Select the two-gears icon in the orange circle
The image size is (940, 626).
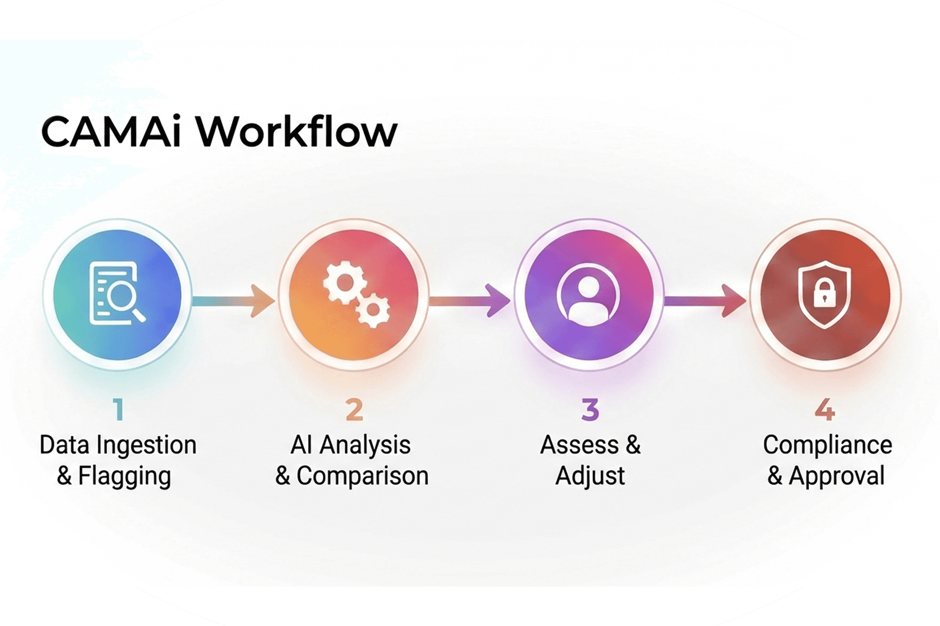coord(356,294)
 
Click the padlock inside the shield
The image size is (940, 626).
coord(824,294)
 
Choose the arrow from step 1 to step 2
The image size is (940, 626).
coord(233,300)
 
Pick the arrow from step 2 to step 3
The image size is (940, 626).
coord(469,300)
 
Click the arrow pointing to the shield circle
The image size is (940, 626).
coord(705,300)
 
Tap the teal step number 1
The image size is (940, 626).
coord(119,410)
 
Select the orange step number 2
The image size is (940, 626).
coord(355,410)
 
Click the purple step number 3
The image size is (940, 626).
coord(590,410)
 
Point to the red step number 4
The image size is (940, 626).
coord(825,410)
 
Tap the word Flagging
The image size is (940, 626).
coord(125,477)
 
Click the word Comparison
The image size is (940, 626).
coord(363,476)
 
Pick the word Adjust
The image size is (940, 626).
coord(590,477)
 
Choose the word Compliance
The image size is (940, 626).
coord(828,446)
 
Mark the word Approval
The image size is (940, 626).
coord(837,476)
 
